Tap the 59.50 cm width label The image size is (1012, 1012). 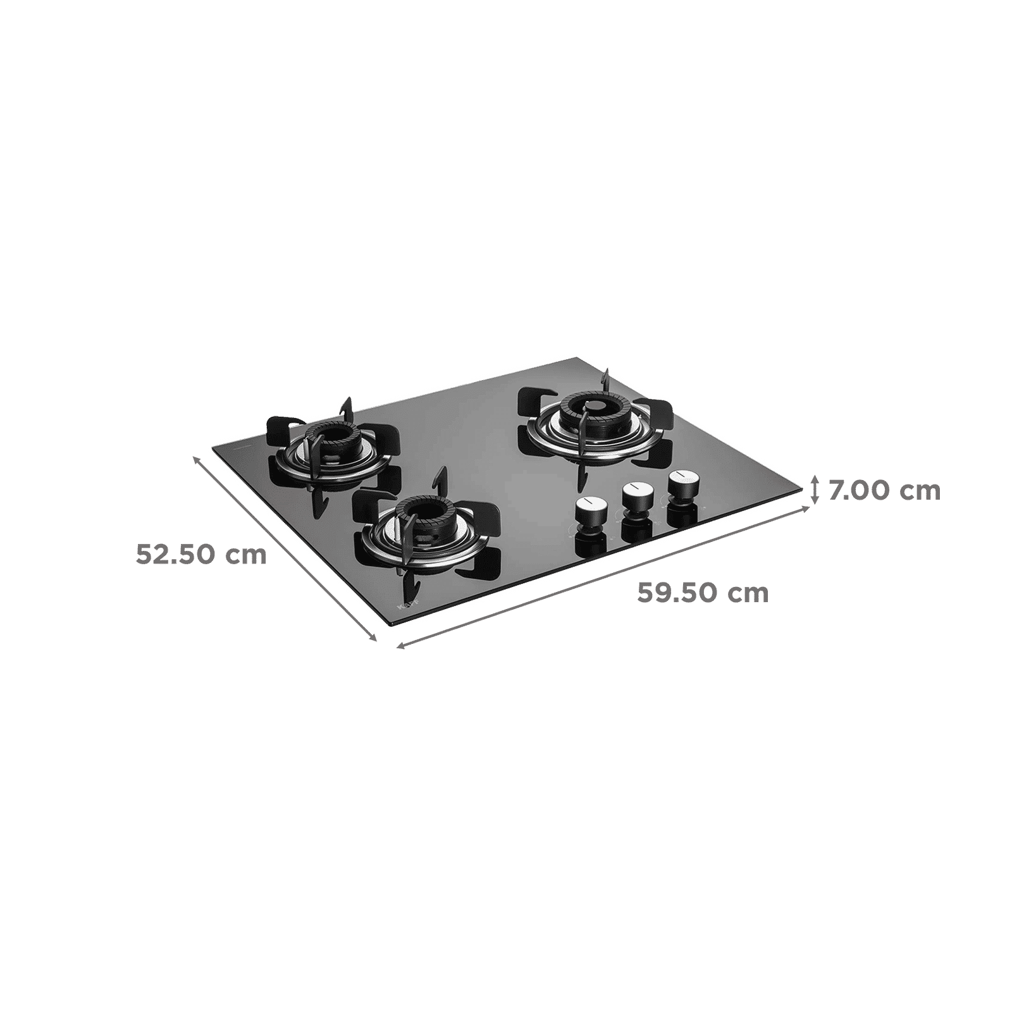(702, 593)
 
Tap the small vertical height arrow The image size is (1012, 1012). (815, 491)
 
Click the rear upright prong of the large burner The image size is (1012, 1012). (605, 381)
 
